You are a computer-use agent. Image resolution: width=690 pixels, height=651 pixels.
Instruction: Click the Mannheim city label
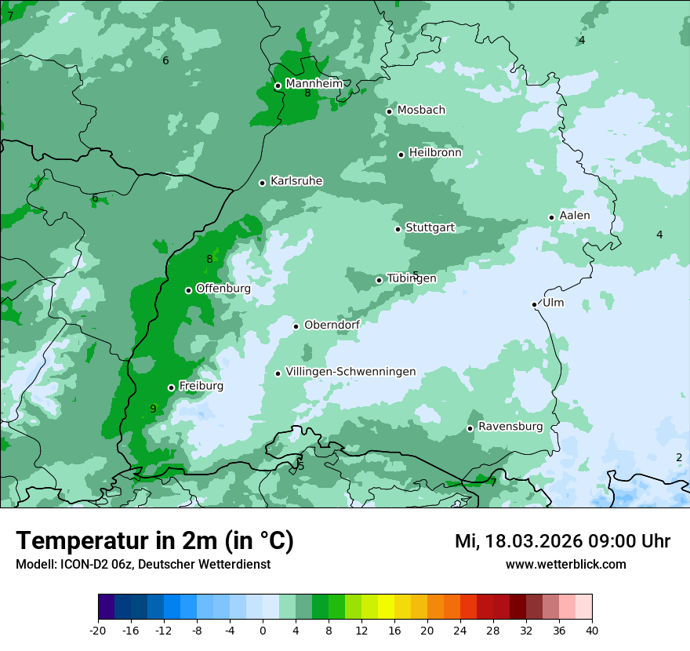314,83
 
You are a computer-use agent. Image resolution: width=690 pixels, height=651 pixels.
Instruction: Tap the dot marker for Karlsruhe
263,183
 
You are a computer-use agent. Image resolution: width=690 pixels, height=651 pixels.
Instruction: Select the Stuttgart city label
430,227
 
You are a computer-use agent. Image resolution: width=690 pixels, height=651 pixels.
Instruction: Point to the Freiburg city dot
171,387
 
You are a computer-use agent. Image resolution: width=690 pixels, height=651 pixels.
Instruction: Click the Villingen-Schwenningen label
350,372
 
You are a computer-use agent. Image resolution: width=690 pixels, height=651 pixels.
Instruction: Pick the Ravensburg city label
510,427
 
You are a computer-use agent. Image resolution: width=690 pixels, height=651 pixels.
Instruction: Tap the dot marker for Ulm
535,304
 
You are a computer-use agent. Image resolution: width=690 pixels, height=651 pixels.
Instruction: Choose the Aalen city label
574,216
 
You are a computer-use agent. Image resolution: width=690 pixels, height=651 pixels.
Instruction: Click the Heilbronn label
435,153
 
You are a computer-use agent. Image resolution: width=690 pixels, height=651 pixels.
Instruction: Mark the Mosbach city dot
389,111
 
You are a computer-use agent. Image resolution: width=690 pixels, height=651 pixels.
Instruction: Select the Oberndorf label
332,325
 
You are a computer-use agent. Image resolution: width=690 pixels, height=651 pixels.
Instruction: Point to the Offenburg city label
223,289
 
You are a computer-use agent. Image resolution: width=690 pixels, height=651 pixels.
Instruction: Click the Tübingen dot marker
379,280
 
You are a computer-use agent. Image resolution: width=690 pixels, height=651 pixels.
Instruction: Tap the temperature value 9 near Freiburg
153,409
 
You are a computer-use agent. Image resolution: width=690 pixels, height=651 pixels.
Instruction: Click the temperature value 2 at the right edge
679,457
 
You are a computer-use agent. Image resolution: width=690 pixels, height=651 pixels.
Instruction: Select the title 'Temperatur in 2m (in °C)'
154,540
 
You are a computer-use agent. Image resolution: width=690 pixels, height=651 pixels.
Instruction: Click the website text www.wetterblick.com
565,564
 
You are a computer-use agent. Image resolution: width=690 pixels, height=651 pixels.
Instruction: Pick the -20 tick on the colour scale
98,630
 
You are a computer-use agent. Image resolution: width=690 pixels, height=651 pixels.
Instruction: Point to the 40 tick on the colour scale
591,630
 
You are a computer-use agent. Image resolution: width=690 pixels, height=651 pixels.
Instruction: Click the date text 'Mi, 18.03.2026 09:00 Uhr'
562,541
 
